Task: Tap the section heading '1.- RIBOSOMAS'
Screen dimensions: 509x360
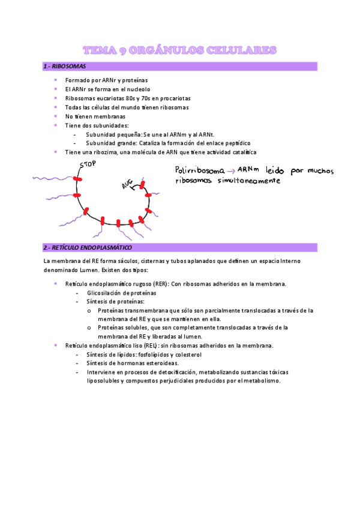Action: coord(65,65)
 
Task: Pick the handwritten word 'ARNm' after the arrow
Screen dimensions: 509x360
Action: coord(246,170)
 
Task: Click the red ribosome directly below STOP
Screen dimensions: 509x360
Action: coord(77,179)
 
